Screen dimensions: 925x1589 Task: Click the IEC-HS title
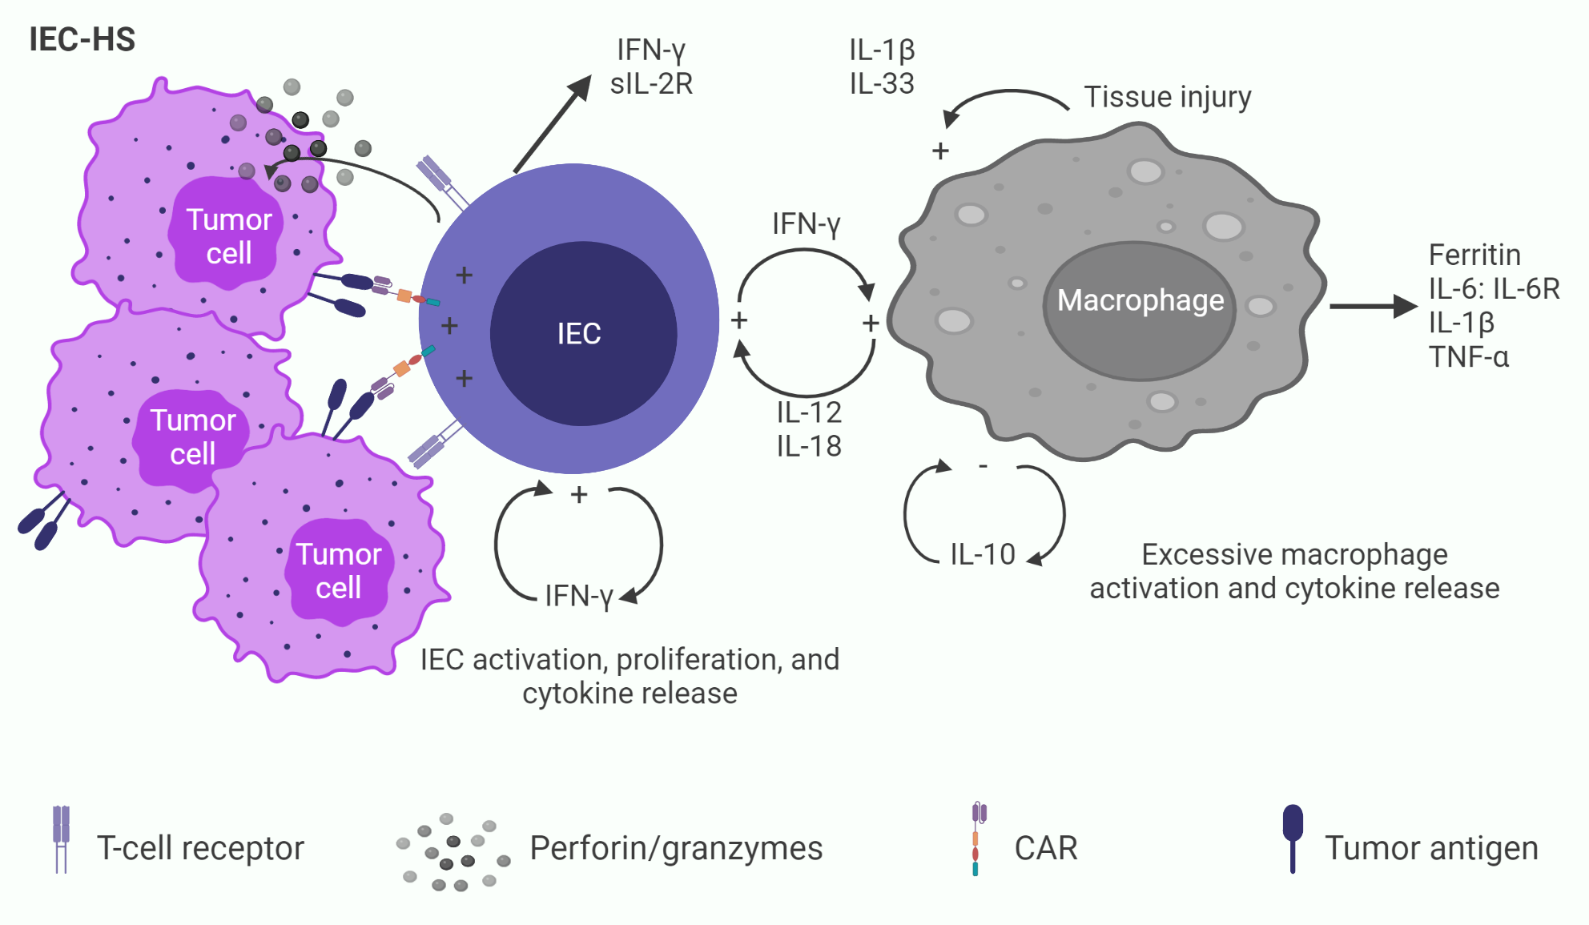tap(82, 39)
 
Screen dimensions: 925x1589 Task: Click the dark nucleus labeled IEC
tap(582, 333)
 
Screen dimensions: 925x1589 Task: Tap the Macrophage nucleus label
tap(1140, 300)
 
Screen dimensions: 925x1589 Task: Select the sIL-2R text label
tap(651, 83)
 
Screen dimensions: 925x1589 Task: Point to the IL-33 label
tap(882, 83)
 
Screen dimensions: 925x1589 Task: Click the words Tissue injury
tap(1167, 97)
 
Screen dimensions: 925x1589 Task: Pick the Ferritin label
tap(1474, 255)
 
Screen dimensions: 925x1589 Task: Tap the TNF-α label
tap(1469, 356)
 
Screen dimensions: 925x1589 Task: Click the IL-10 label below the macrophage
tap(982, 554)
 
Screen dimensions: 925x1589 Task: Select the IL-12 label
tap(809, 412)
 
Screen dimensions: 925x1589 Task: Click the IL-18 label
tap(809, 446)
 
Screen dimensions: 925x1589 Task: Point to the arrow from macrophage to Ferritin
tap(1372, 306)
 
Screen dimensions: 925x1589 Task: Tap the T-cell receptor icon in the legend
tap(61, 839)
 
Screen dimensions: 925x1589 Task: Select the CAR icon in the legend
tap(977, 839)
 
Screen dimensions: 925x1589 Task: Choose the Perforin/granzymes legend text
tap(676, 848)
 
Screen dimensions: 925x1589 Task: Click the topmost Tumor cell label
tap(229, 236)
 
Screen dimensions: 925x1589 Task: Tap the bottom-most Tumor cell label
tap(339, 571)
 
